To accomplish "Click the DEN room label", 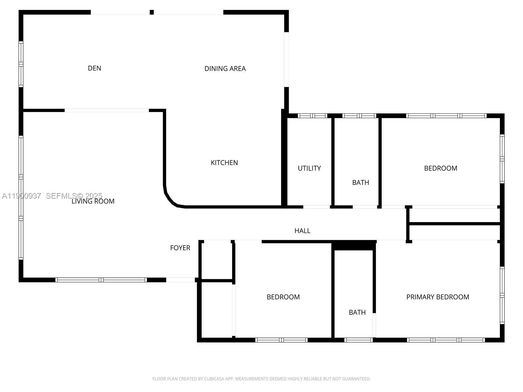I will coord(94,68).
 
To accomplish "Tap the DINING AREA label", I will coord(225,69).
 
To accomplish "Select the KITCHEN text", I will coord(224,163).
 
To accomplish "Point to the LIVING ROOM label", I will coord(93,201).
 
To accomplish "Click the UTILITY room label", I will coord(309,168).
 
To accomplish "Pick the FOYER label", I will coord(180,248).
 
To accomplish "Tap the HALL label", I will coord(302,231).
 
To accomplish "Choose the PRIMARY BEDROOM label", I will coord(438,297).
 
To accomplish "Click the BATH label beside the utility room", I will coord(361,183).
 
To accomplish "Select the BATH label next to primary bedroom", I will coord(357,313).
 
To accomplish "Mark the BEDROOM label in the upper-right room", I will coord(441,168).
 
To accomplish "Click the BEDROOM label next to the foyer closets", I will coord(283,297).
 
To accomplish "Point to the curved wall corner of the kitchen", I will coord(170,199).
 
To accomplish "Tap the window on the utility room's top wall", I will coord(312,116).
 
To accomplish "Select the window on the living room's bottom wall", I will coord(101,280).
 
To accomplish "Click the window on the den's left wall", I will coord(21,64).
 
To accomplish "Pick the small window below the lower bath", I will coord(358,340).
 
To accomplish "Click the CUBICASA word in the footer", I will coord(213,379).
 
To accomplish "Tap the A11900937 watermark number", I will coord(22,196).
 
